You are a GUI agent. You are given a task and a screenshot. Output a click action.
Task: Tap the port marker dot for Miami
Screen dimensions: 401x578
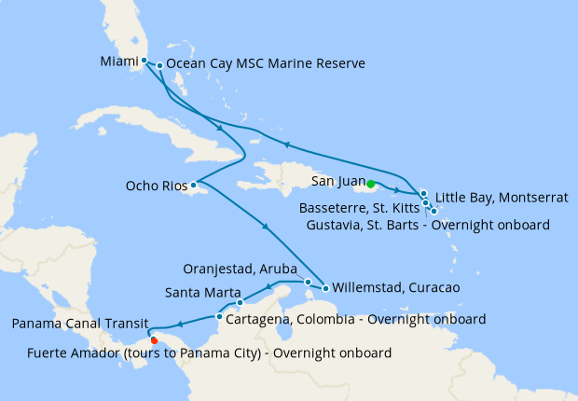(144, 62)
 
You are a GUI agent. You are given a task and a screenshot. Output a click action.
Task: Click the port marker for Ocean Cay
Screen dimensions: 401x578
(160, 65)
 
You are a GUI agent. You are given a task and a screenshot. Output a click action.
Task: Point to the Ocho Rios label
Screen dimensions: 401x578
(156, 186)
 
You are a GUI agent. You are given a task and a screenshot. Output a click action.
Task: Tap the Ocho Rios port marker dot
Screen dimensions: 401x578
(194, 185)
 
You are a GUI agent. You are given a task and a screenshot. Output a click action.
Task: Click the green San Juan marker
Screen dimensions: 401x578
(371, 184)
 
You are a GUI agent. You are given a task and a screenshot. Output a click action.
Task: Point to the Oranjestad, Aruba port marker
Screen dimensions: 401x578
(309, 281)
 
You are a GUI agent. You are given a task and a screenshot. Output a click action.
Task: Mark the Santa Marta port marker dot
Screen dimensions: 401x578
(240, 302)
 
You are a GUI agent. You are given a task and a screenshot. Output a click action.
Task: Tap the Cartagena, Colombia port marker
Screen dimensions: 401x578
(219, 317)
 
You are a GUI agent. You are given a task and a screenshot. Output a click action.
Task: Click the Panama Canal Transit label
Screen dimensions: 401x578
(77, 324)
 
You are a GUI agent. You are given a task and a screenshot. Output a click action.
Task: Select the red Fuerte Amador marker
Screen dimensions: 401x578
(154, 339)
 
